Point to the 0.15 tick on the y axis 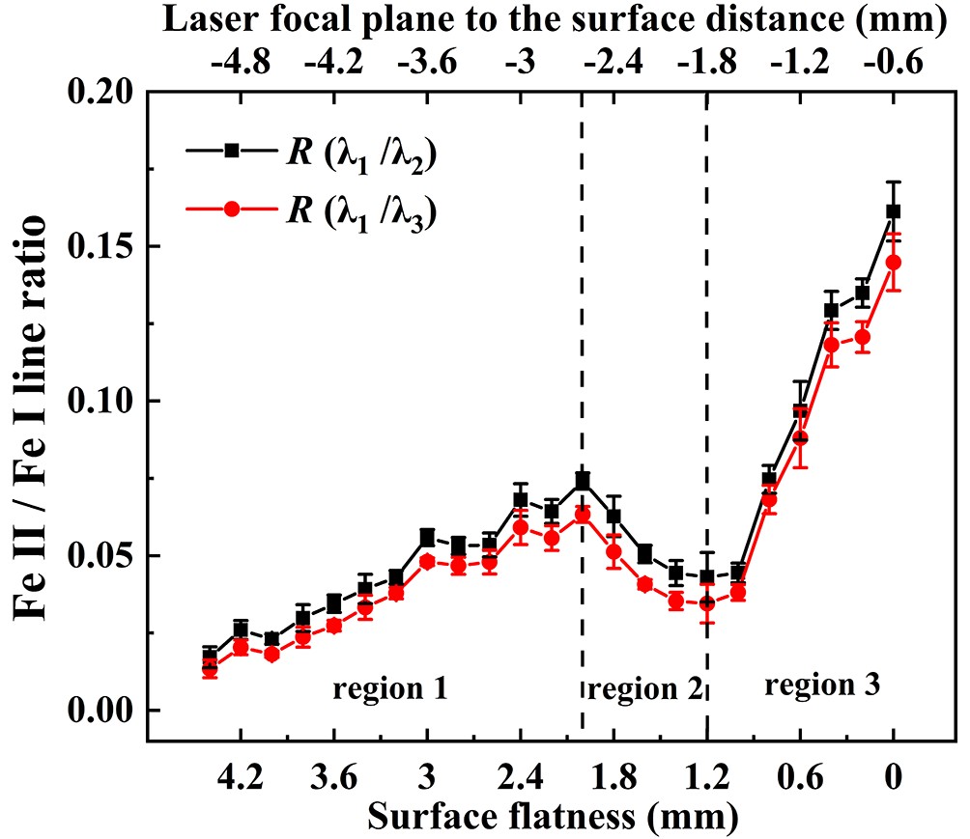click(x=105, y=246)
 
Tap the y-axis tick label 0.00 click(x=105, y=711)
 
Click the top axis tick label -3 click(x=520, y=64)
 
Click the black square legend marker click(x=232, y=151)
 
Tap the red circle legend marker click(x=232, y=213)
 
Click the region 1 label click(x=389, y=689)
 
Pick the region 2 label click(x=644, y=689)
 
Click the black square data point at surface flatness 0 click(x=893, y=211)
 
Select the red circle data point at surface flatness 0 click(x=893, y=262)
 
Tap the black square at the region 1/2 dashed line click(x=583, y=480)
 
